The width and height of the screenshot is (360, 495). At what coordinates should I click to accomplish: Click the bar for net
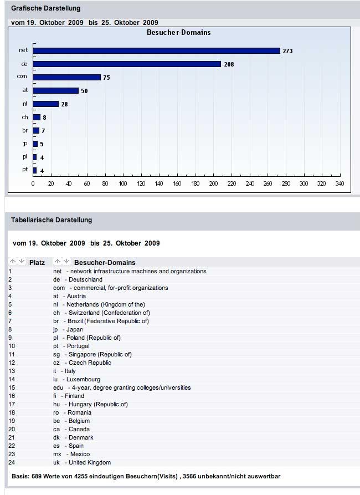(156, 50)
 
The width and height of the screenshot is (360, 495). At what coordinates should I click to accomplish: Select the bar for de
(127, 64)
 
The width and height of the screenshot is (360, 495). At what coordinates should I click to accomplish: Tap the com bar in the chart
(66, 78)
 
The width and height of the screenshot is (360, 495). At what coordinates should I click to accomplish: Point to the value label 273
(287, 51)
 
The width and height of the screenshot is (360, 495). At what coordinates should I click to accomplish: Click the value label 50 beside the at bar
(84, 91)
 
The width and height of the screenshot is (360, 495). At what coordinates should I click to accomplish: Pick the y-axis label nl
(25, 104)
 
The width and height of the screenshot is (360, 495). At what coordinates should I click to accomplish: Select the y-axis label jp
(25, 144)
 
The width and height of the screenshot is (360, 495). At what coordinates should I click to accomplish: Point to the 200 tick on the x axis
(214, 184)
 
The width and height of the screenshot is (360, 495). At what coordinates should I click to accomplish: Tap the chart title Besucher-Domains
(178, 33)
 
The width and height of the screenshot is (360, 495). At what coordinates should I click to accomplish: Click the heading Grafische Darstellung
(45, 8)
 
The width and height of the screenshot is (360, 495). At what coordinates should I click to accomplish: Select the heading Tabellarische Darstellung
(52, 220)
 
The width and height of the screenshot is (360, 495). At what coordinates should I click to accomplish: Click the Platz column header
(37, 262)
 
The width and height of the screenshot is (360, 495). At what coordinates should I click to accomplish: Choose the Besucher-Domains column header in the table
(105, 262)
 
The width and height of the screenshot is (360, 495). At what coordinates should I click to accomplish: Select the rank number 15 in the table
(11, 387)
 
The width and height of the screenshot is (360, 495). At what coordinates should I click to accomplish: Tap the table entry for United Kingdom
(89, 462)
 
